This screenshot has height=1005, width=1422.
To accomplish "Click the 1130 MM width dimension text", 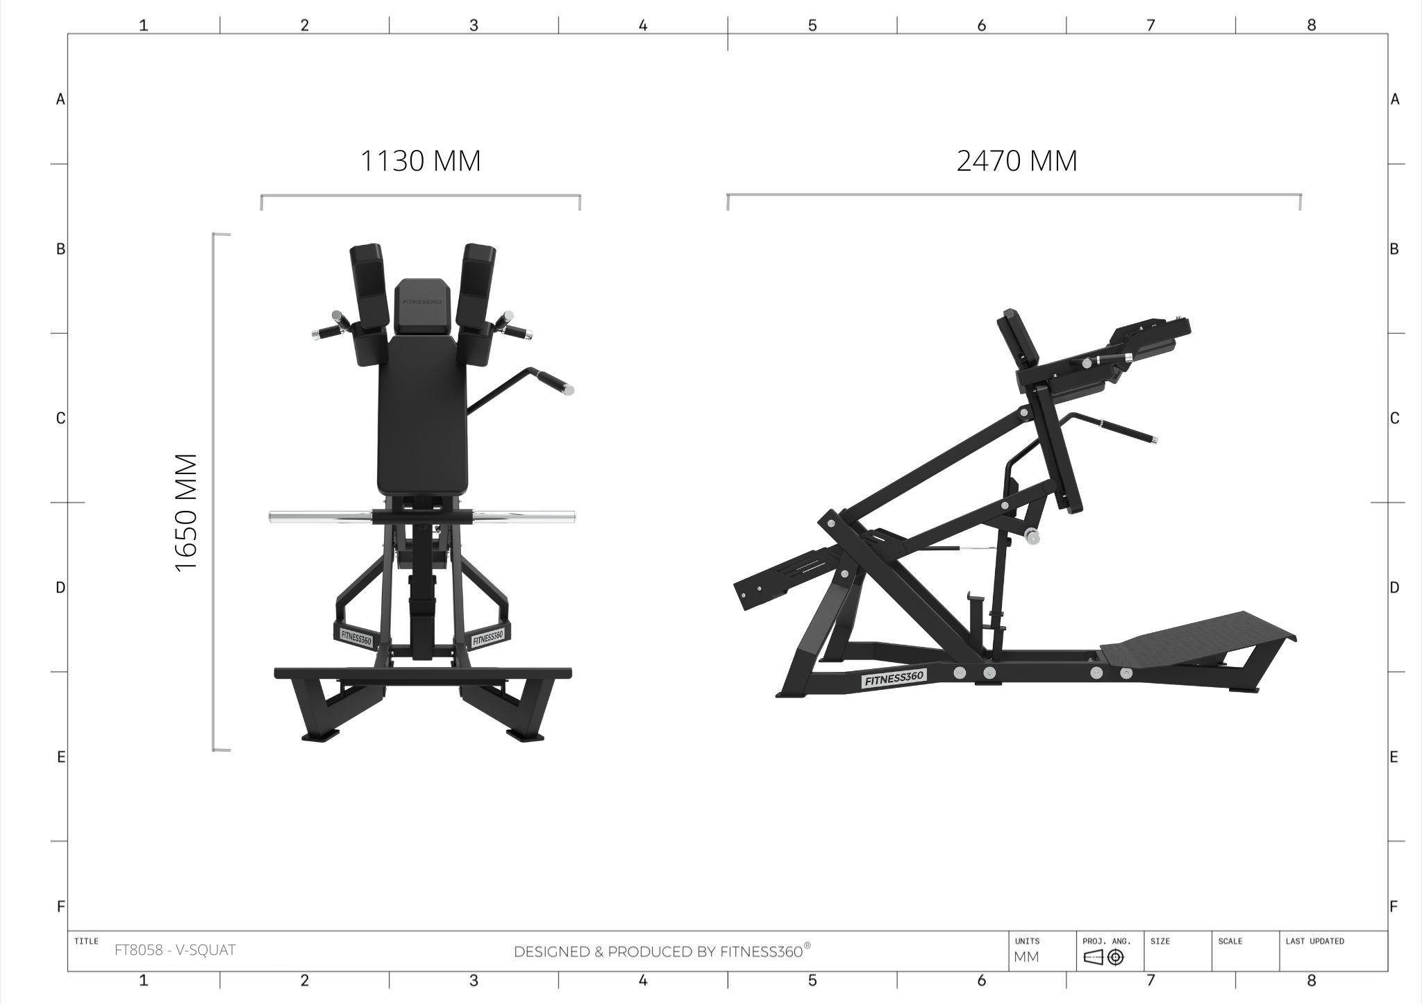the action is (420, 161).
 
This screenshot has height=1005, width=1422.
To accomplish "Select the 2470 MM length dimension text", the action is (1017, 161).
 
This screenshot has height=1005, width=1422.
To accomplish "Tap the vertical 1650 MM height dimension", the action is (187, 512).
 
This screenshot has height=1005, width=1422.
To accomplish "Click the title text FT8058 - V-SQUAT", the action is (175, 950).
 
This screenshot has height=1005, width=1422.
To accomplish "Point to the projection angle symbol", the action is (1103, 958).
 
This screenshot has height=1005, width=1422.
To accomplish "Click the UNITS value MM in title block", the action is (1027, 957).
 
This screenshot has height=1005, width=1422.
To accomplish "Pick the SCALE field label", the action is (1230, 941).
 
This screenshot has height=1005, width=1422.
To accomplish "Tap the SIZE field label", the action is (1160, 941).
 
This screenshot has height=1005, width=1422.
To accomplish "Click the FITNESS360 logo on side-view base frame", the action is (894, 678).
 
